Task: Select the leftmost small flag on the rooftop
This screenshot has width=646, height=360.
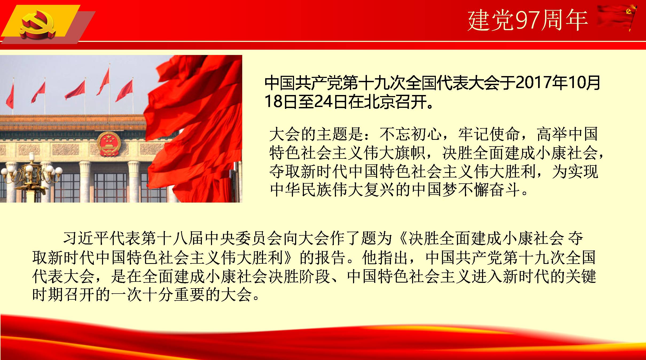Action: point(10,96)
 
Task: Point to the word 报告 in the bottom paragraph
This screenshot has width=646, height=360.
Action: point(331,257)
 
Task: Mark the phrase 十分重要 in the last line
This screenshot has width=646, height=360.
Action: point(174,295)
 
